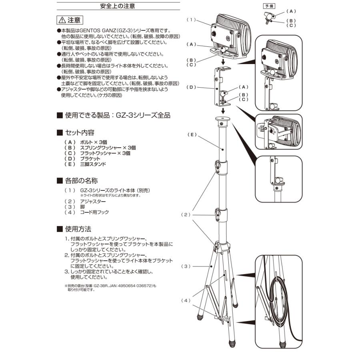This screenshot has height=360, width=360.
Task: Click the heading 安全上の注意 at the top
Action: coord(118,6)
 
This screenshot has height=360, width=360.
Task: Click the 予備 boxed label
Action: coord(268,7)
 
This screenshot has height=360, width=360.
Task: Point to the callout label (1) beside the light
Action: coord(192,19)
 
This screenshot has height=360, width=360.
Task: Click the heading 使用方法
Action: coord(78,229)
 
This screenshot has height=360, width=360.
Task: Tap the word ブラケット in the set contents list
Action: coord(90,158)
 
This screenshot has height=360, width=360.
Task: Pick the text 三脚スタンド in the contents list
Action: coord(93,164)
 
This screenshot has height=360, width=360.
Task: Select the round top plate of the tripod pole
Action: coord(223,119)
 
